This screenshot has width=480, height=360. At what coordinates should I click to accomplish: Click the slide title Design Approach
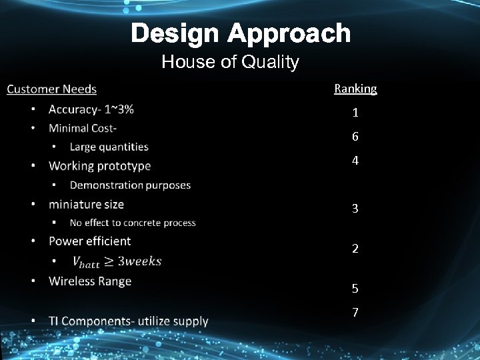pyautogui.click(x=240, y=33)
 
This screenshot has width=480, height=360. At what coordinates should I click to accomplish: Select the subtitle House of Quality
pyautogui.click(x=230, y=63)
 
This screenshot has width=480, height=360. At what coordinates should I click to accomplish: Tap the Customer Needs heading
pyautogui.click(x=51, y=89)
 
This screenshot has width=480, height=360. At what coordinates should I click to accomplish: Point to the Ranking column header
pyautogui.click(x=355, y=89)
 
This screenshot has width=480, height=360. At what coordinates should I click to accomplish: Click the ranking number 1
pyautogui.click(x=355, y=113)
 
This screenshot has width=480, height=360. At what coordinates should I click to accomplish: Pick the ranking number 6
pyautogui.click(x=355, y=137)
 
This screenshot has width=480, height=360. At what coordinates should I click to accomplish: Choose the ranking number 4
pyautogui.click(x=355, y=161)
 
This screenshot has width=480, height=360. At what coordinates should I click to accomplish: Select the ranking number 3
pyautogui.click(x=355, y=209)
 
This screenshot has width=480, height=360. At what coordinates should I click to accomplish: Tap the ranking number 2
pyautogui.click(x=355, y=249)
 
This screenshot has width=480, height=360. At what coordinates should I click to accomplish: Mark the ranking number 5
pyautogui.click(x=355, y=289)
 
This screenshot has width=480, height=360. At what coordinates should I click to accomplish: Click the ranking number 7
pyautogui.click(x=355, y=313)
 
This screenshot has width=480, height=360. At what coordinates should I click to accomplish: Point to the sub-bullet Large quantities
pyautogui.click(x=109, y=147)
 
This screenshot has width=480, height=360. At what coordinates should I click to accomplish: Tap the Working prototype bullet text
pyautogui.click(x=99, y=165)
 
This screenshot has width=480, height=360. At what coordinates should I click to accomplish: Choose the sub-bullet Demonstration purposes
pyautogui.click(x=130, y=185)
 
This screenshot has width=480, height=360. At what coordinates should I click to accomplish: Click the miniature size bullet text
pyautogui.click(x=86, y=204)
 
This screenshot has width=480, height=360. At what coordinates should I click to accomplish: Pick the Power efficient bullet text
pyautogui.click(x=89, y=241)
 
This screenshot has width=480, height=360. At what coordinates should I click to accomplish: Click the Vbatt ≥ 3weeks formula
pyautogui.click(x=116, y=261)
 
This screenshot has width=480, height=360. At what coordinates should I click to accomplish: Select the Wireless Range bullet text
pyautogui.click(x=90, y=281)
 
